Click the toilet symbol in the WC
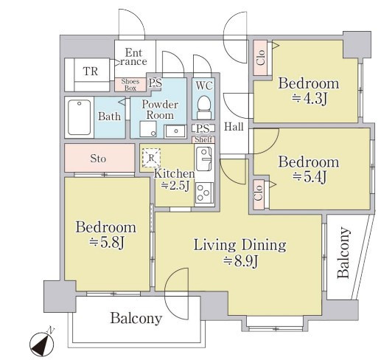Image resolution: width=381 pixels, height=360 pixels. point(204,107)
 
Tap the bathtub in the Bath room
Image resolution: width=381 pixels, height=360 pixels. point(79,117)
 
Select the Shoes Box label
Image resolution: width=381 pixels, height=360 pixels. point(130,85)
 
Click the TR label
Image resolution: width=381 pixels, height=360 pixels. point(91,72)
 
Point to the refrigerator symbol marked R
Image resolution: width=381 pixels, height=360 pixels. point(151,158)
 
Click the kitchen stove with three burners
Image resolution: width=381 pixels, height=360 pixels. point(204,193)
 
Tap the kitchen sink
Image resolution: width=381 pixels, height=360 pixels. point(204,159)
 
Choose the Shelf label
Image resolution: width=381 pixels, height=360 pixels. point(203,139)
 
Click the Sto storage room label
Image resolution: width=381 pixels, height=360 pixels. point(98,159)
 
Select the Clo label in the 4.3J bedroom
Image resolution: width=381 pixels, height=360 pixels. point(260,58)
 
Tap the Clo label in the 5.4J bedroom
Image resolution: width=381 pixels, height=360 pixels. point(259,193)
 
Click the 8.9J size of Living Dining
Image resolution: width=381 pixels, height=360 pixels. point(240,262)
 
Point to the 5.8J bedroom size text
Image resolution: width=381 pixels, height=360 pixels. point(106,243)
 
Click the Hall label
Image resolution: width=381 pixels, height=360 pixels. point(234,127)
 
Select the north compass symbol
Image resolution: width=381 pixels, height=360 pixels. point(42,343)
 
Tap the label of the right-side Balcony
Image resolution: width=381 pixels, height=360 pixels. point(343,253)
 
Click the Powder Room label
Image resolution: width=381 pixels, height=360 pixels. point(160,110)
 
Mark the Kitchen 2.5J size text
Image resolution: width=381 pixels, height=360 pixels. point(175,185)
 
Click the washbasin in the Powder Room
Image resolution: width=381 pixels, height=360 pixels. point(175,131)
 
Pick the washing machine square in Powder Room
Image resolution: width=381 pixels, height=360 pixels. point(148,129)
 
